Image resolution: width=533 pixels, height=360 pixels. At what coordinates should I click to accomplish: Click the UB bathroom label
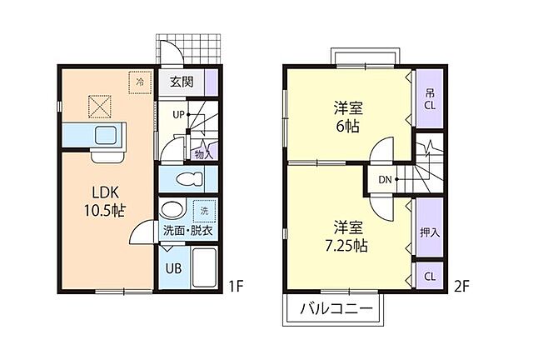(x=172, y=268)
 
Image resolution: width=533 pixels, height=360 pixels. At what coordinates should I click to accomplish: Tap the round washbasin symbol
(x=172, y=209)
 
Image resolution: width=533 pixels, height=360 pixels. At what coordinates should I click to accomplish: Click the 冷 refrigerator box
(x=139, y=82)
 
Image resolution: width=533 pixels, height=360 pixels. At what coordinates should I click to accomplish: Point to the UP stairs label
(x=178, y=114)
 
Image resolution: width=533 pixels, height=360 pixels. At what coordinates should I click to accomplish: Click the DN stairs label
(x=385, y=179)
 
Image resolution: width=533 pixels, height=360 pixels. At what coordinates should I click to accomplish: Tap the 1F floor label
(x=236, y=287)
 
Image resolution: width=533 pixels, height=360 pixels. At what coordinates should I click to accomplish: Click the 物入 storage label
(x=203, y=153)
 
